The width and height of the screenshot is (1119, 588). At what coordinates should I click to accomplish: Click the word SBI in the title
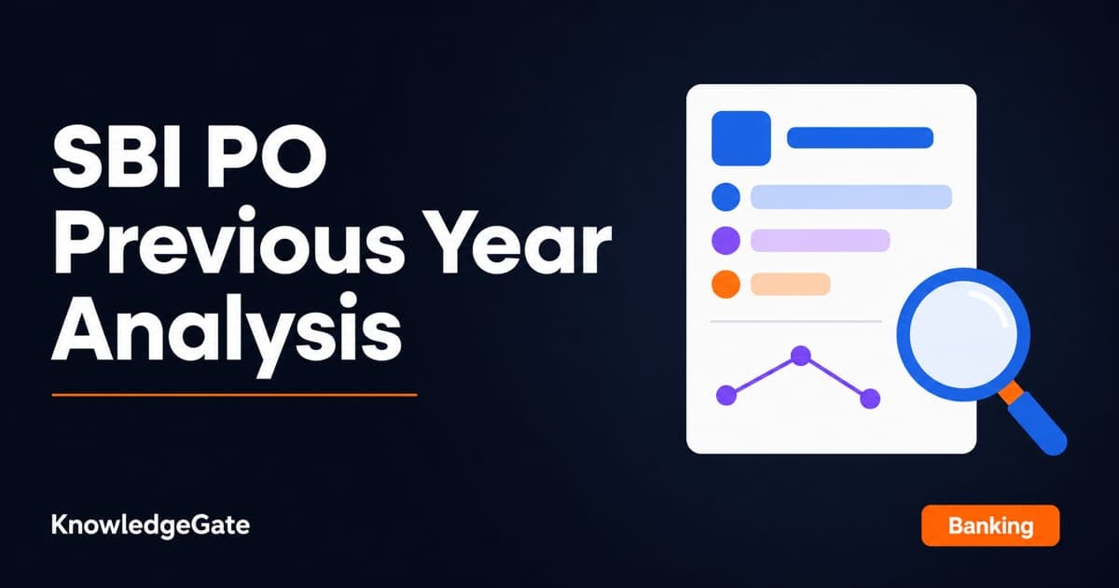click(116, 158)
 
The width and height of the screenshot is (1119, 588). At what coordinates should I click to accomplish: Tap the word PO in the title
click(267, 158)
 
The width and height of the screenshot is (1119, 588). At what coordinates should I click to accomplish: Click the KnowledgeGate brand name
click(150, 525)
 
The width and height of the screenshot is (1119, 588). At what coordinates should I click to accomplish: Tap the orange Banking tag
click(990, 525)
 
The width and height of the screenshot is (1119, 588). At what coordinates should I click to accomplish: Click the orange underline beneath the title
click(234, 395)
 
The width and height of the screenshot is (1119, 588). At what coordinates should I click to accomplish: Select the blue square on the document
click(740, 138)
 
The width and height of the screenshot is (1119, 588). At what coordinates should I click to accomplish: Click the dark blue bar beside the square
click(860, 137)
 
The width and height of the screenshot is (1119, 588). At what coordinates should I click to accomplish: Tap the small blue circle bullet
click(725, 197)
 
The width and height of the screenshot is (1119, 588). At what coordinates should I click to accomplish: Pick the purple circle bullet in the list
click(725, 241)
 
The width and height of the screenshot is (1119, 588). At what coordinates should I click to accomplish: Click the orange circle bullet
click(725, 284)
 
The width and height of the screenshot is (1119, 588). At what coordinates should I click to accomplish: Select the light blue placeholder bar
click(851, 197)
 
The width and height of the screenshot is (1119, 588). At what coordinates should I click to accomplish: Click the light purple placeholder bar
click(821, 241)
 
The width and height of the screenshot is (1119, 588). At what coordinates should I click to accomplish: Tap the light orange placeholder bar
click(791, 284)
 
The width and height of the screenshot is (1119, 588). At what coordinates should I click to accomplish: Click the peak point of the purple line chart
click(801, 356)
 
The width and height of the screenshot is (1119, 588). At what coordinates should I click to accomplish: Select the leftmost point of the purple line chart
click(726, 395)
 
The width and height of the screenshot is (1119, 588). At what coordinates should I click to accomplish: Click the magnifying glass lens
click(963, 334)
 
